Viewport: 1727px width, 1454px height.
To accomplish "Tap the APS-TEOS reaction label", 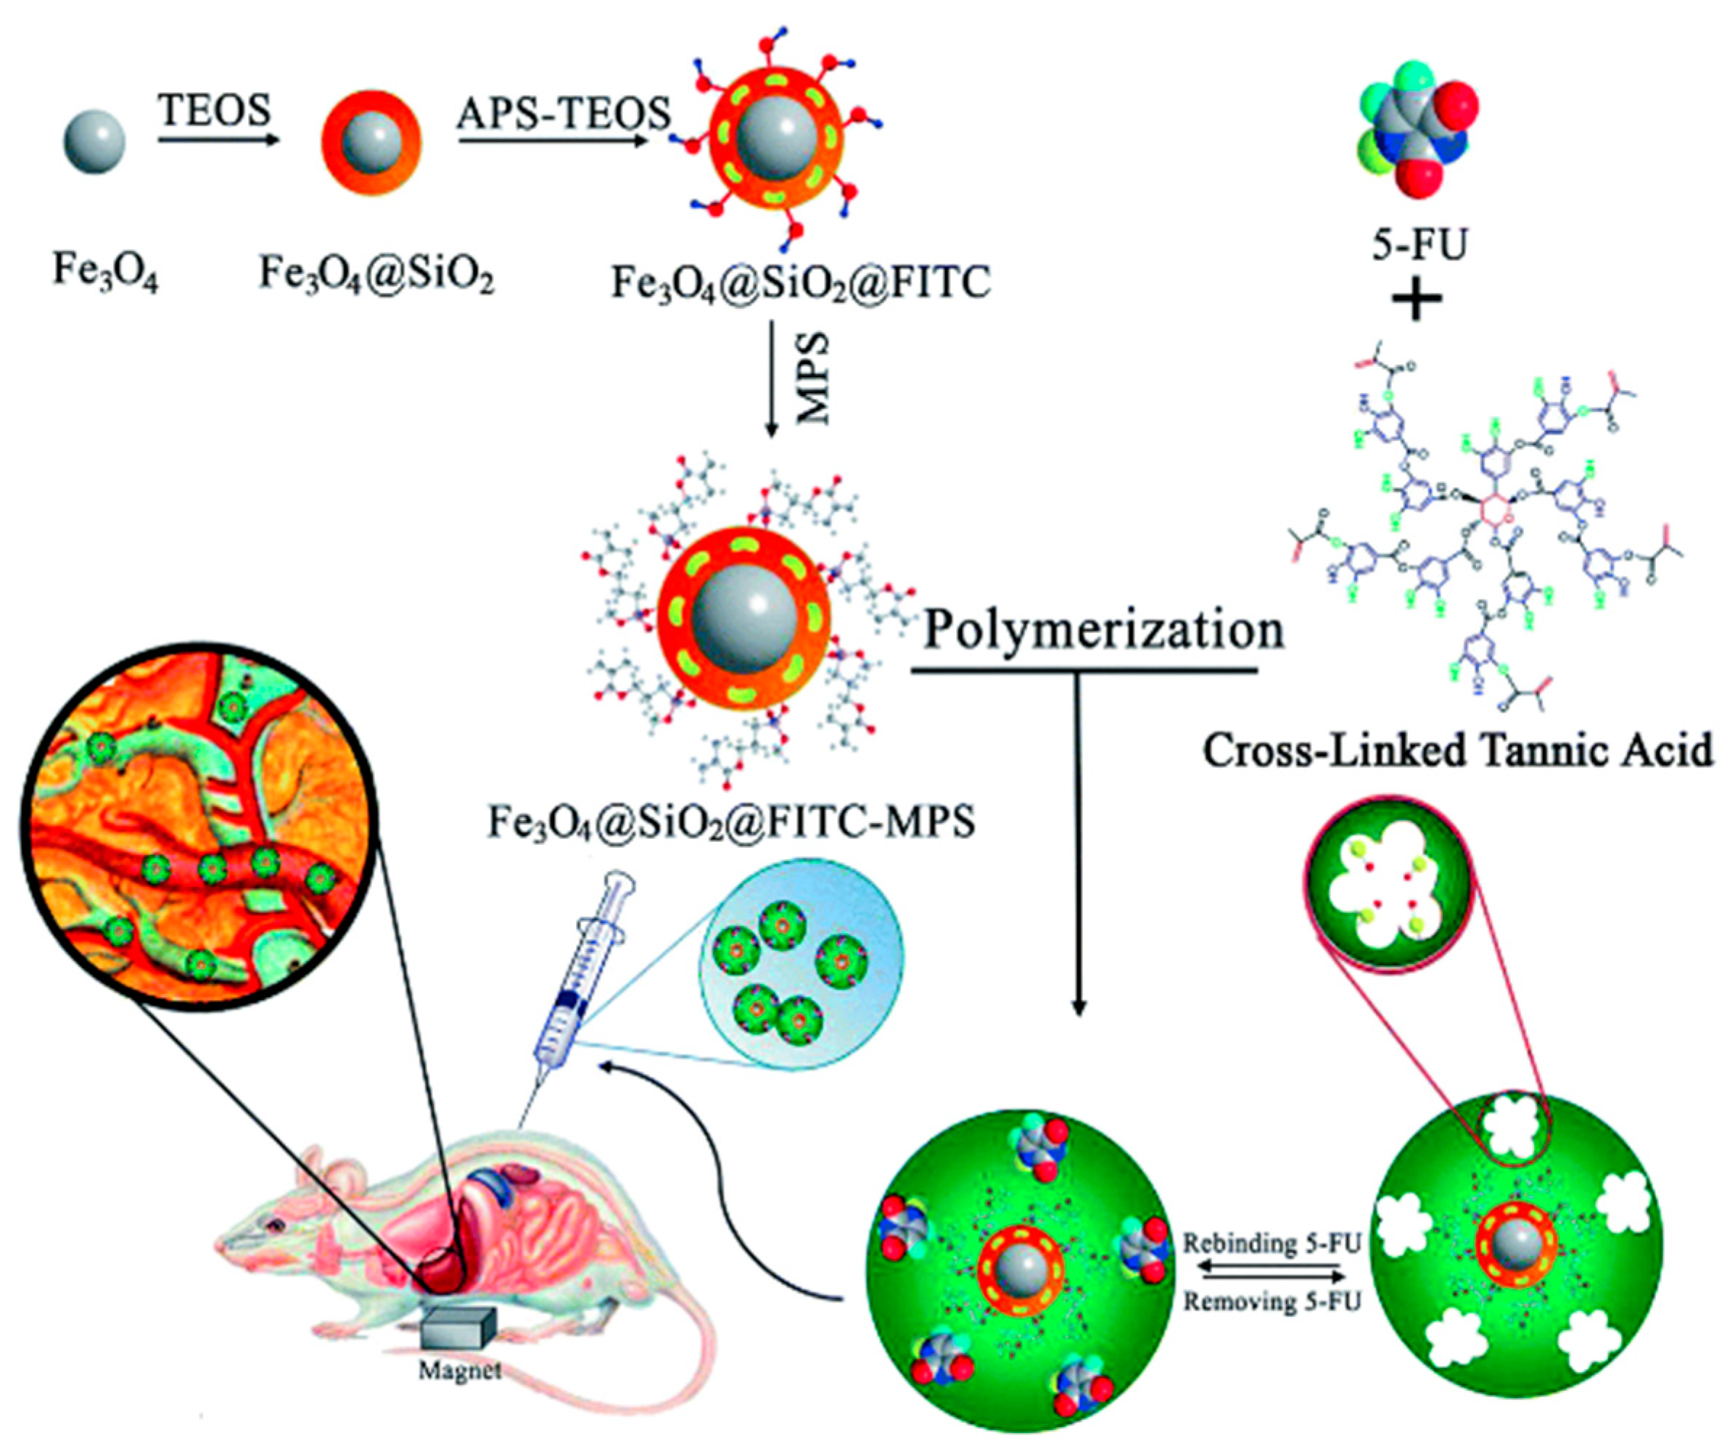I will point(564,112).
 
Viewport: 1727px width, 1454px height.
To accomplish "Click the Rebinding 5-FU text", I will point(1271,1244).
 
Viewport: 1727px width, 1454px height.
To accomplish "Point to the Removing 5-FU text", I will point(1271,1302).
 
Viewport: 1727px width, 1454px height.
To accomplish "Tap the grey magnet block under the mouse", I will point(458,1328).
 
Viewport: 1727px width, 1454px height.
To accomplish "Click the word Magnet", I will point(459,1370).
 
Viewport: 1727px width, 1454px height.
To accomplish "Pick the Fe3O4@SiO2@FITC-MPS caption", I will point(731,822).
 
